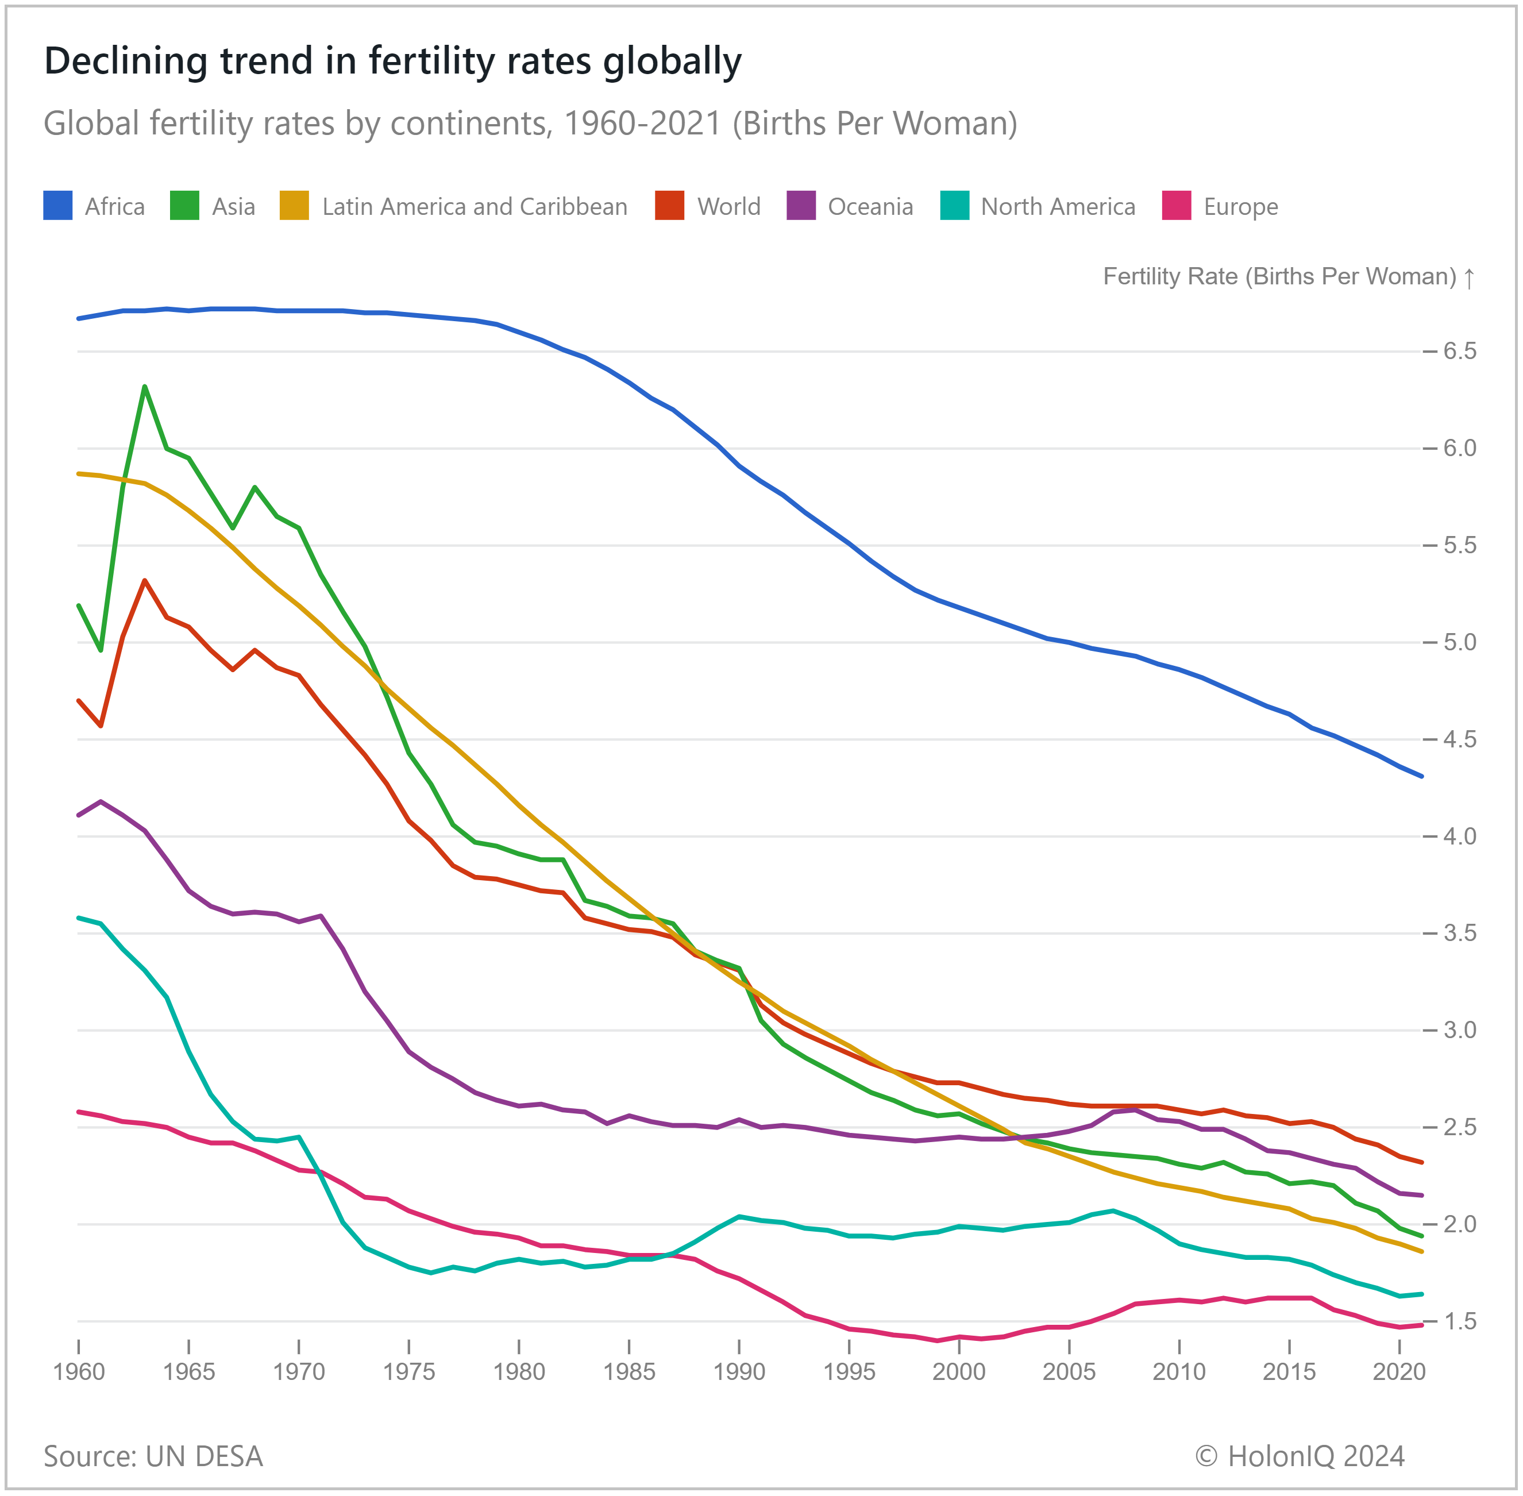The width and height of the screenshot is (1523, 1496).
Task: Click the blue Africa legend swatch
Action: pyautogui.click(x=57, y=206)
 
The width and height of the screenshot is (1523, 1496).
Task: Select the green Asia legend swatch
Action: pyautogui.click(x=184, y=206)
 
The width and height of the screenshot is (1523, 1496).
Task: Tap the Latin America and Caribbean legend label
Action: pyautogui.click(x=474, y=207)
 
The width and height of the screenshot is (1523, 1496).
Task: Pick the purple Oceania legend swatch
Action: pyautogui.click(x=801, y=206)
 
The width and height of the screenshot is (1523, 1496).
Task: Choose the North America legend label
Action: pyautogui.click(x=1058, y=207)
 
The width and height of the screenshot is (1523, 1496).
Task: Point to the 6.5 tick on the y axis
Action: pyautogui.click(x=1459, y=351)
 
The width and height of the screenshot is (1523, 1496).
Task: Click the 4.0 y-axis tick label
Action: pyautogui.click(x=1459, y=836)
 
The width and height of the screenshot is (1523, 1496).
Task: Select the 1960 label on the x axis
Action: pyautogui.click(x=79, y=1372)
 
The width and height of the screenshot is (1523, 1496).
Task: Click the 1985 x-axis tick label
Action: pyautogui.click(x=629, y=1372)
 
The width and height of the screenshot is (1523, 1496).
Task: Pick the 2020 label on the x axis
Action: pyautogui.click(x=1399, y=1372)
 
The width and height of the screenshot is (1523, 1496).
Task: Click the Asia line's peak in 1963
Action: pyautogui.click(x=145, y=387)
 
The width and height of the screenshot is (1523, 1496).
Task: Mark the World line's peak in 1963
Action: pyautogui.click(x=145, y=581)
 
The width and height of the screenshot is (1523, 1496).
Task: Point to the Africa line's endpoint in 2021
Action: pyautogui.click(x=1422, y=776)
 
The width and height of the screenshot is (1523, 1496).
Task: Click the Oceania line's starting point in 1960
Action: pyautogui.click(x=79, y=815)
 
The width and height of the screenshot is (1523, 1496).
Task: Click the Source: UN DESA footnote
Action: pyautogui.click(x=153, y=1456)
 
